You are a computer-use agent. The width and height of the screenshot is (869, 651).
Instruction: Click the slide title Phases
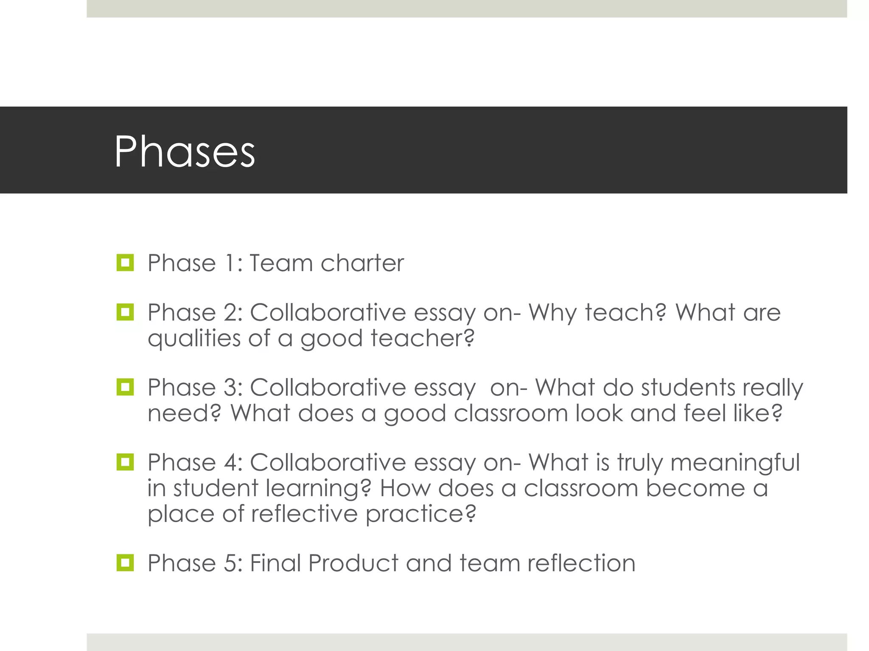(x=185, y=152)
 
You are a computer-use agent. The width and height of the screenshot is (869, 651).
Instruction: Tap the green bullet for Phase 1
(x=125, y=263)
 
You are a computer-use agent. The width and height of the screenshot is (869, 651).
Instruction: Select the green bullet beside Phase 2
(x=125, y=312)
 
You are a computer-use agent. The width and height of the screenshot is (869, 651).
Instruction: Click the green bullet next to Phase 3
(x=125, y=387)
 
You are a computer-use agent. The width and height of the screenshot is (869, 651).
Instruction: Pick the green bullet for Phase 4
(x=125, y=462)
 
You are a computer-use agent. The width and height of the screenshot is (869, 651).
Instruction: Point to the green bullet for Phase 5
(x=125, y=563)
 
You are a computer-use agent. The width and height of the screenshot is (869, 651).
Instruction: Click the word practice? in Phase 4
(x=421, y=515)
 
